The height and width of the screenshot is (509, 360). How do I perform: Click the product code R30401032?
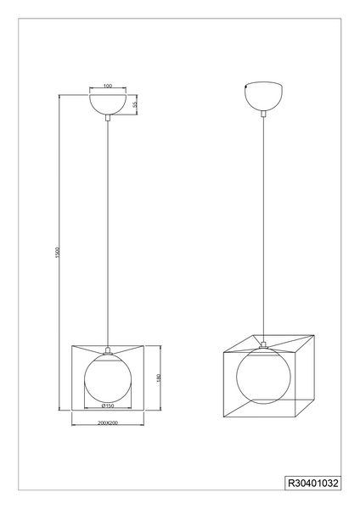click(313, 484)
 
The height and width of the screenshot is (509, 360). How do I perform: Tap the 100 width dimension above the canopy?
click(108, 86)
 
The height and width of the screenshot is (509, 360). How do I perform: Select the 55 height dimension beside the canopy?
click(135, 103)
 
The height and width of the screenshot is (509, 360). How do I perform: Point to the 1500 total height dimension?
click(57, 252)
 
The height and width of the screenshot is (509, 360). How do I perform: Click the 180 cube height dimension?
click(159, 378)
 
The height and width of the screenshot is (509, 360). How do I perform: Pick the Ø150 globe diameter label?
click(108, 406)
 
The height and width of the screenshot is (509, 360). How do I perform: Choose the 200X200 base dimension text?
click(108, 422)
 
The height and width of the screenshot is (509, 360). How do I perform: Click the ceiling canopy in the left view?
click(108, 104)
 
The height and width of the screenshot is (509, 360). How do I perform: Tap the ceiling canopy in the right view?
click(263, 96)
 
